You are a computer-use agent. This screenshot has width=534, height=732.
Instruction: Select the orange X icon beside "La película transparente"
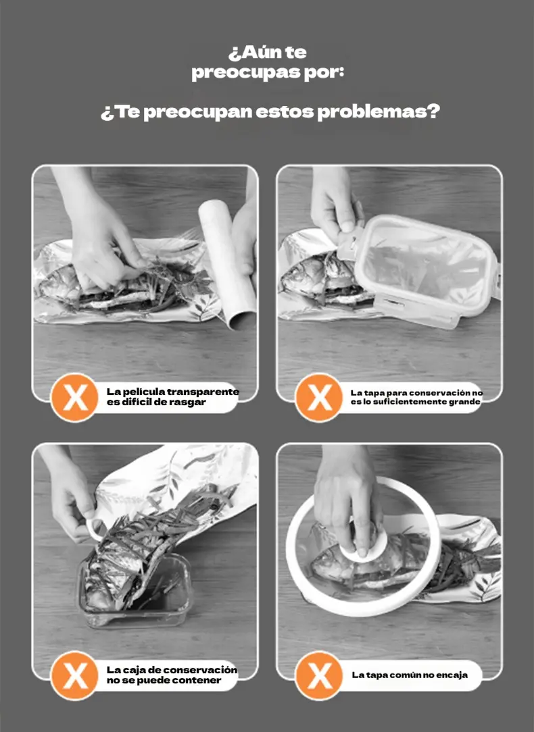[74, 398]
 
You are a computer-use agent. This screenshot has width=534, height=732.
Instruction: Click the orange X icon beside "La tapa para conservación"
[319, 398]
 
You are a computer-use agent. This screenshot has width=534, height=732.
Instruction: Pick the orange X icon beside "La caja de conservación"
[74, 675]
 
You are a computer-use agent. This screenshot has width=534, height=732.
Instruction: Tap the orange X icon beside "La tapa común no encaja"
[319, 675]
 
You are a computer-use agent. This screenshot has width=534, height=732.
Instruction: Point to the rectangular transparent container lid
[423, 269]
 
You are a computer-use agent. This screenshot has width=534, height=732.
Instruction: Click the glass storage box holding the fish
[135, 591]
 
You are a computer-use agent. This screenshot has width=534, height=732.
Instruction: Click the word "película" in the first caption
[143, 392]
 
